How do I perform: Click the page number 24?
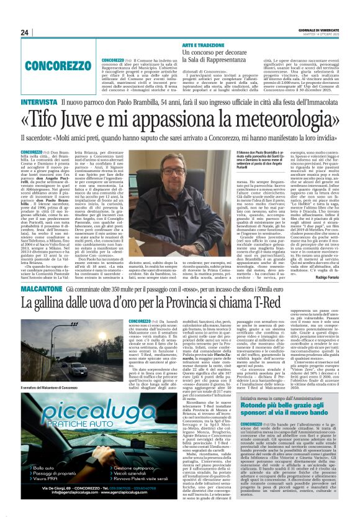point(25,32)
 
